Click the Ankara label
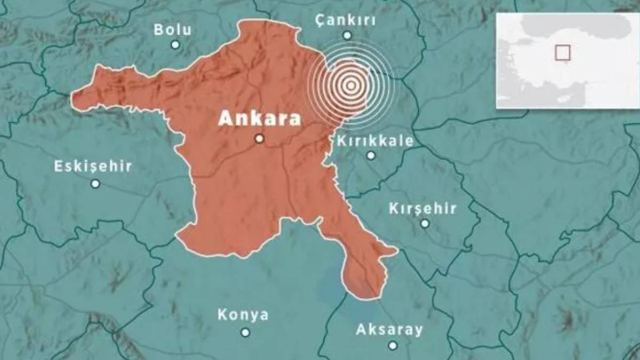[259, 118]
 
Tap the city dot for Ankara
[259, 139]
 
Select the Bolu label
[172, 29]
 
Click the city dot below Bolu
[175, 45]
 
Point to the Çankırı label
[346, 21]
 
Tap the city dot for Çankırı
[347, 35]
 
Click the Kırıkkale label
[375, 141]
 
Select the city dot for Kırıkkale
[371, 156]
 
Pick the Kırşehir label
[422, 208]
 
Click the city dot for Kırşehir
[425, 223]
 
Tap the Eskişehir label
[93, 166]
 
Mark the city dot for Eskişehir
[95, 183]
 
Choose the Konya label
[243, 315]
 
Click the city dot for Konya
[245, 332]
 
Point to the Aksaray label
[389, 330]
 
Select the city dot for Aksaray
[393, 346]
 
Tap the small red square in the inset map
[562, 52]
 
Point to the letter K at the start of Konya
[222, 315]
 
